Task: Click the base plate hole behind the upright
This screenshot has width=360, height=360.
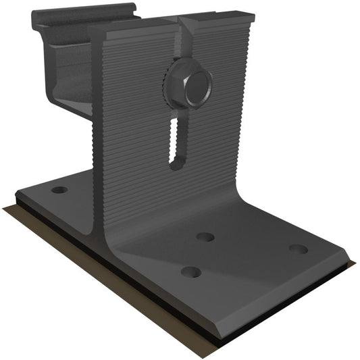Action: coord(59,190)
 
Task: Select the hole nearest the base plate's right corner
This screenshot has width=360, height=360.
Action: coord(298,249)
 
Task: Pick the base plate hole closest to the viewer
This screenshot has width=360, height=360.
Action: coord(191,272)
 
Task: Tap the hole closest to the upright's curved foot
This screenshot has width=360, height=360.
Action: coord(205,237)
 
